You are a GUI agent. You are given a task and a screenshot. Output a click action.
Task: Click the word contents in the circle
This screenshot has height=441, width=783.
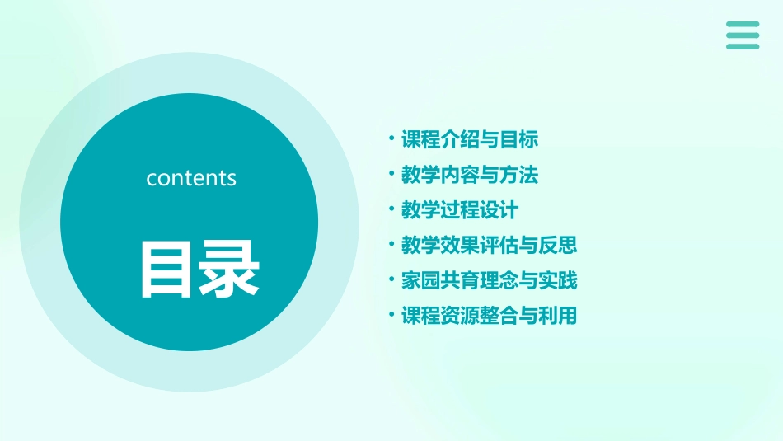(191, 178)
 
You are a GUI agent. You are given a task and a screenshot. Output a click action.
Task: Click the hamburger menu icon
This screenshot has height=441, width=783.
(743, 35)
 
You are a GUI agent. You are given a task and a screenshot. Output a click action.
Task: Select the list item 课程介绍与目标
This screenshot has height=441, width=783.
(470, 140)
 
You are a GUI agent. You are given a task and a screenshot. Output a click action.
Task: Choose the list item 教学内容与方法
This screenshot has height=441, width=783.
(470, 175)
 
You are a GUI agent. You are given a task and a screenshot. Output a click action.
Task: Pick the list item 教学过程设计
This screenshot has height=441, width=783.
(460, 210)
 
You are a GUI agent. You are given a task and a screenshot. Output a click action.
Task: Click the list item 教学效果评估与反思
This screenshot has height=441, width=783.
(490, 245)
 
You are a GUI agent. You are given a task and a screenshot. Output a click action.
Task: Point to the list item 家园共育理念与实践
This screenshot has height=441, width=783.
(490, 280)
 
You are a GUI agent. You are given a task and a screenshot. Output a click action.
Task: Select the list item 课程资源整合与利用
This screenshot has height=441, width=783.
(490, 316)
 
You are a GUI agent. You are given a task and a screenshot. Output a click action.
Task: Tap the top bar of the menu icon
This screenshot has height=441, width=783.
(743, 24)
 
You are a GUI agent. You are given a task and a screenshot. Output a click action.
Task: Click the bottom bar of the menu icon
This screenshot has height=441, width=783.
(743, 47)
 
